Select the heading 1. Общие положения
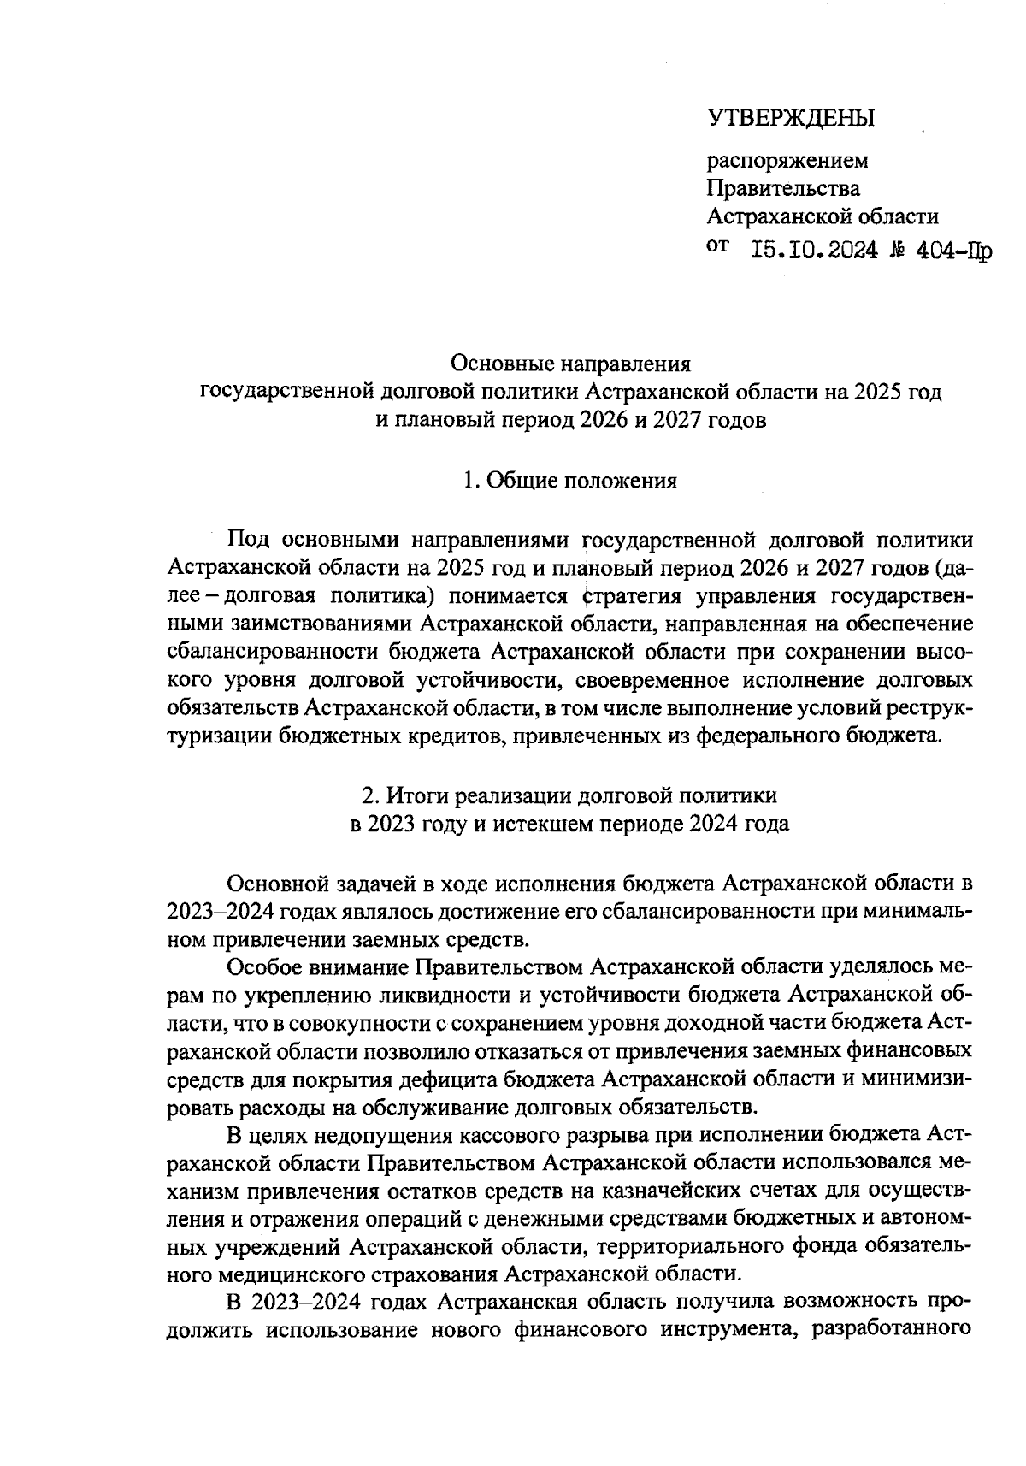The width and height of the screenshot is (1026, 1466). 570,481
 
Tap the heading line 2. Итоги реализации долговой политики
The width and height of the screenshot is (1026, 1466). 570,795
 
